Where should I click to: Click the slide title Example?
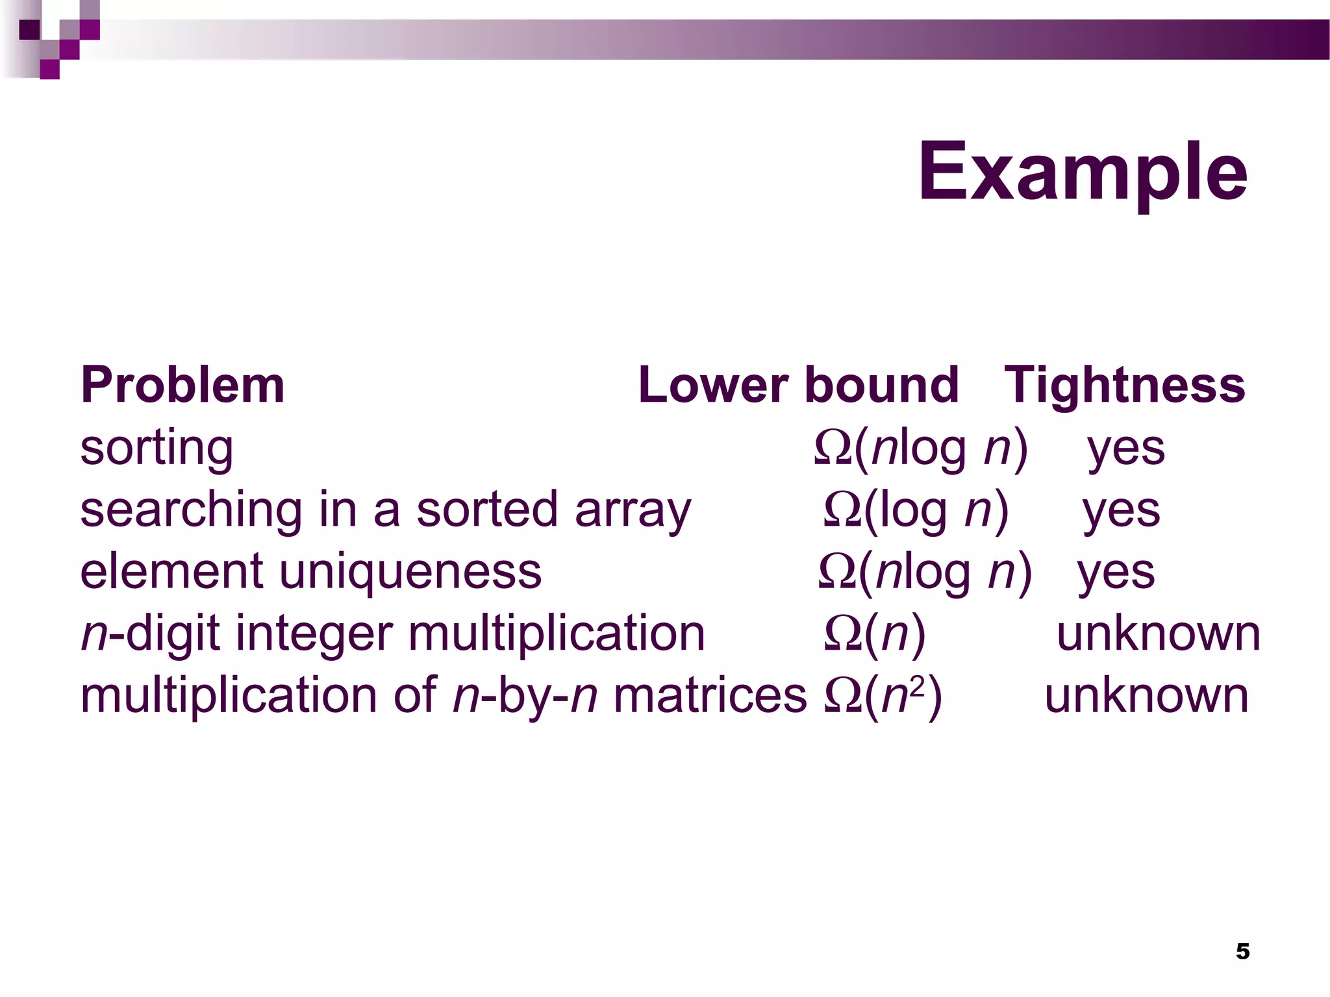coord(1082,173)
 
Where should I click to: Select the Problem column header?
coord(182,385)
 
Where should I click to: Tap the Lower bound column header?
coord(798,385)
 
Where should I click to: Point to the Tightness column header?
coord(1124,385)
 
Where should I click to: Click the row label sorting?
coord(157,449)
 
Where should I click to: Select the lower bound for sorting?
coord(921,449)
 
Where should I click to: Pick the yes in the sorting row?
coord(1126,449)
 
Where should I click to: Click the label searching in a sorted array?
coord(386,510)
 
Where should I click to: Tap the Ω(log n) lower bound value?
coord(916,510)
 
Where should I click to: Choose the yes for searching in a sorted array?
coord(1121,510)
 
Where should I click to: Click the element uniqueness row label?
coord(310,572)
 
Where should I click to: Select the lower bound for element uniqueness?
coord(925,572)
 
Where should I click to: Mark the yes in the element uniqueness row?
coord(1116,572)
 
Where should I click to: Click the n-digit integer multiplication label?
coord(392,634)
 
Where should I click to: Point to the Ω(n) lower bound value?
coord(874,634)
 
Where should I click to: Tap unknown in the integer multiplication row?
coord(1159,634)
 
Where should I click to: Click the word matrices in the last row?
coord(710,695)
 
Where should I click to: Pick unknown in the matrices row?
coord(1146,695)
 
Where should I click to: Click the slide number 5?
coord(1242,951)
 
